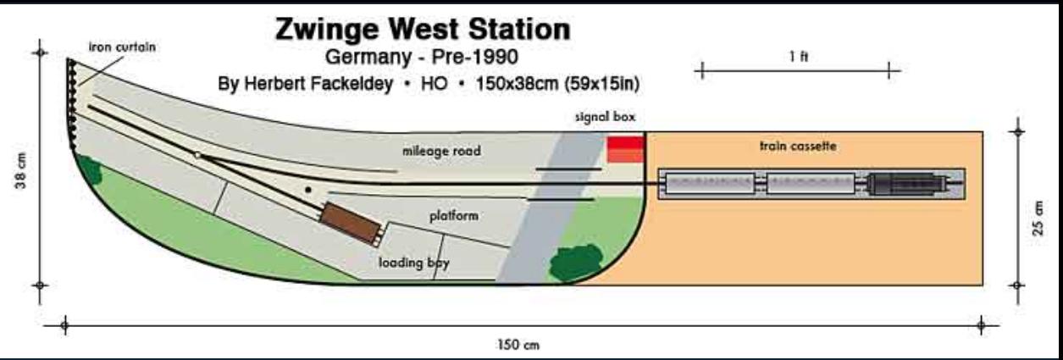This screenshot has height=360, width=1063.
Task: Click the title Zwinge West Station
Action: pos(423,30)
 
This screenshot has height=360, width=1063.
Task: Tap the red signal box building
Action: pos(625,148)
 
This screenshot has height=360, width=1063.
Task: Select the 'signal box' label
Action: pos(604,117)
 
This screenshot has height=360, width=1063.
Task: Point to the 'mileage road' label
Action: pos(440,152)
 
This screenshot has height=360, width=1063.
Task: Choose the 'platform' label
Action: pos(453,216)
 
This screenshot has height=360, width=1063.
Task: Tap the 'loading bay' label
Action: pos(413,263)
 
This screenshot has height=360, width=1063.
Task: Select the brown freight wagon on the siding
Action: pos(349,223)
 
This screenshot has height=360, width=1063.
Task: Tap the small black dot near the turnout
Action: pos(308,189)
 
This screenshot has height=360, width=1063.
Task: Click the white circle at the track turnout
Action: pos(197,155)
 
